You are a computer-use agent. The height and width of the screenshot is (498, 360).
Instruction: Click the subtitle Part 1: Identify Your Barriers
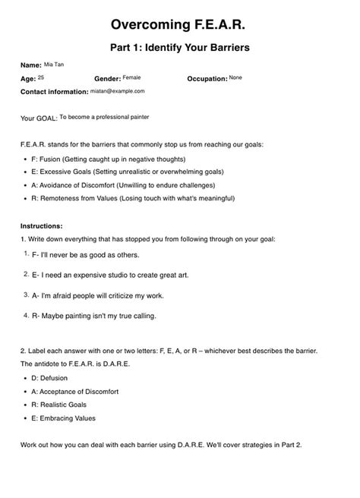(x=180, y=48)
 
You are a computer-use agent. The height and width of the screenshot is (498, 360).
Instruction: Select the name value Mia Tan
(x=55, y=65)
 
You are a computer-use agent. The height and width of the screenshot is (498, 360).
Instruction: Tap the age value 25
(x=40, y=77)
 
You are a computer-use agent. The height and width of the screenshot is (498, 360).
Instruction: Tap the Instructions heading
(x=42, y=226)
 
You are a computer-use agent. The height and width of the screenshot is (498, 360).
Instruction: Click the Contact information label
(x=55, y=91)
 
